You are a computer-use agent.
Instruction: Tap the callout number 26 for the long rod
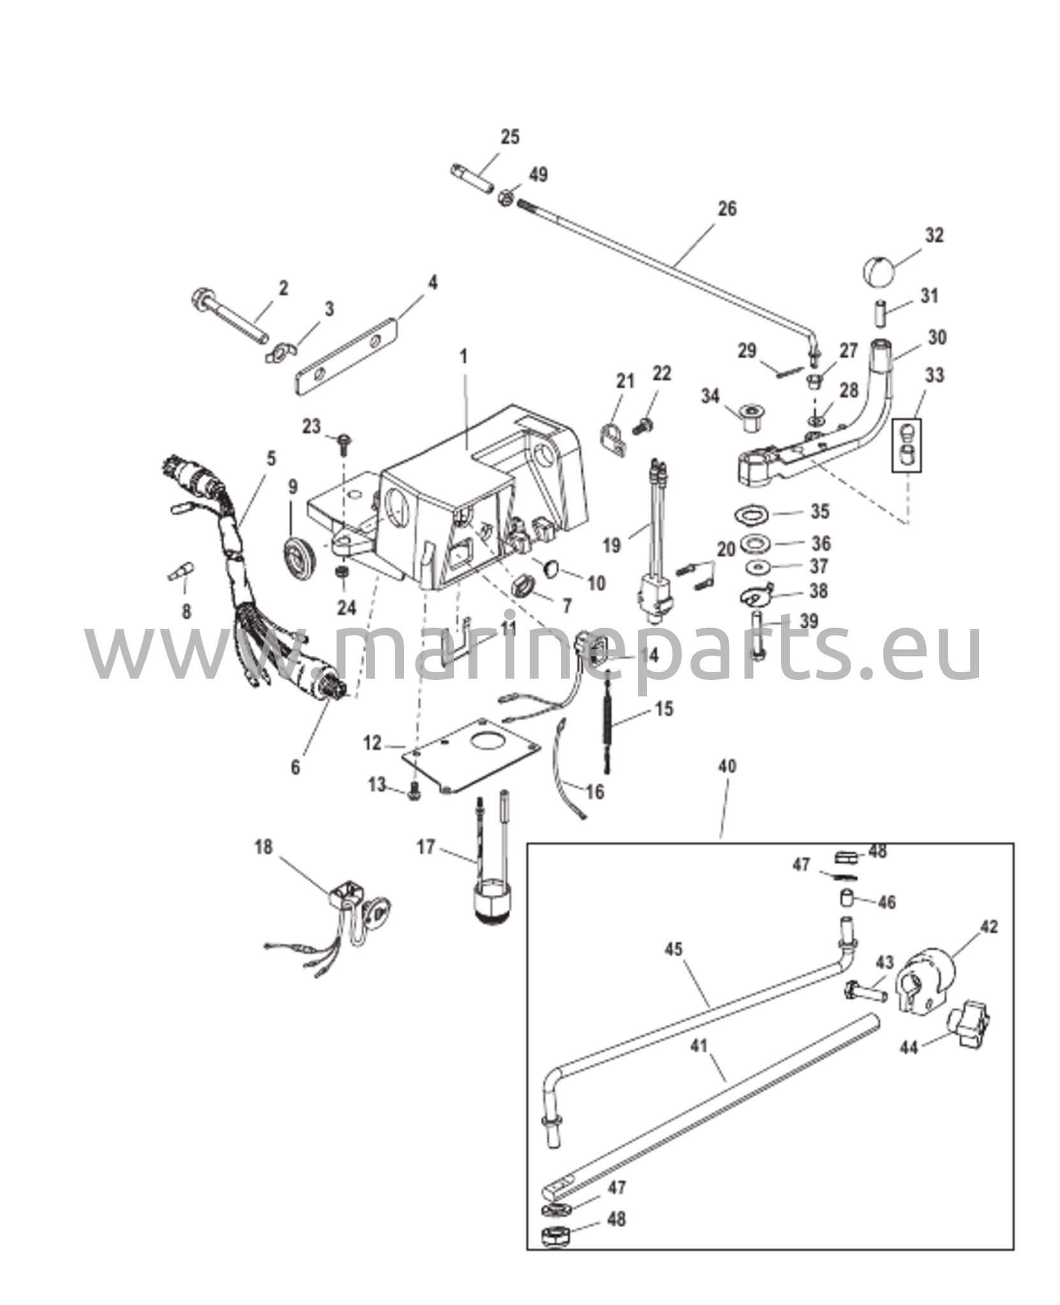click(x=727, y=208)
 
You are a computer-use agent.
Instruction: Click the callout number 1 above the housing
click(x=463, y=357)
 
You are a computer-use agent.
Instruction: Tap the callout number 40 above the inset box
click(x=727, y=766)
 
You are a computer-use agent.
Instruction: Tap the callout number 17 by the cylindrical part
click(x=425, y=847)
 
